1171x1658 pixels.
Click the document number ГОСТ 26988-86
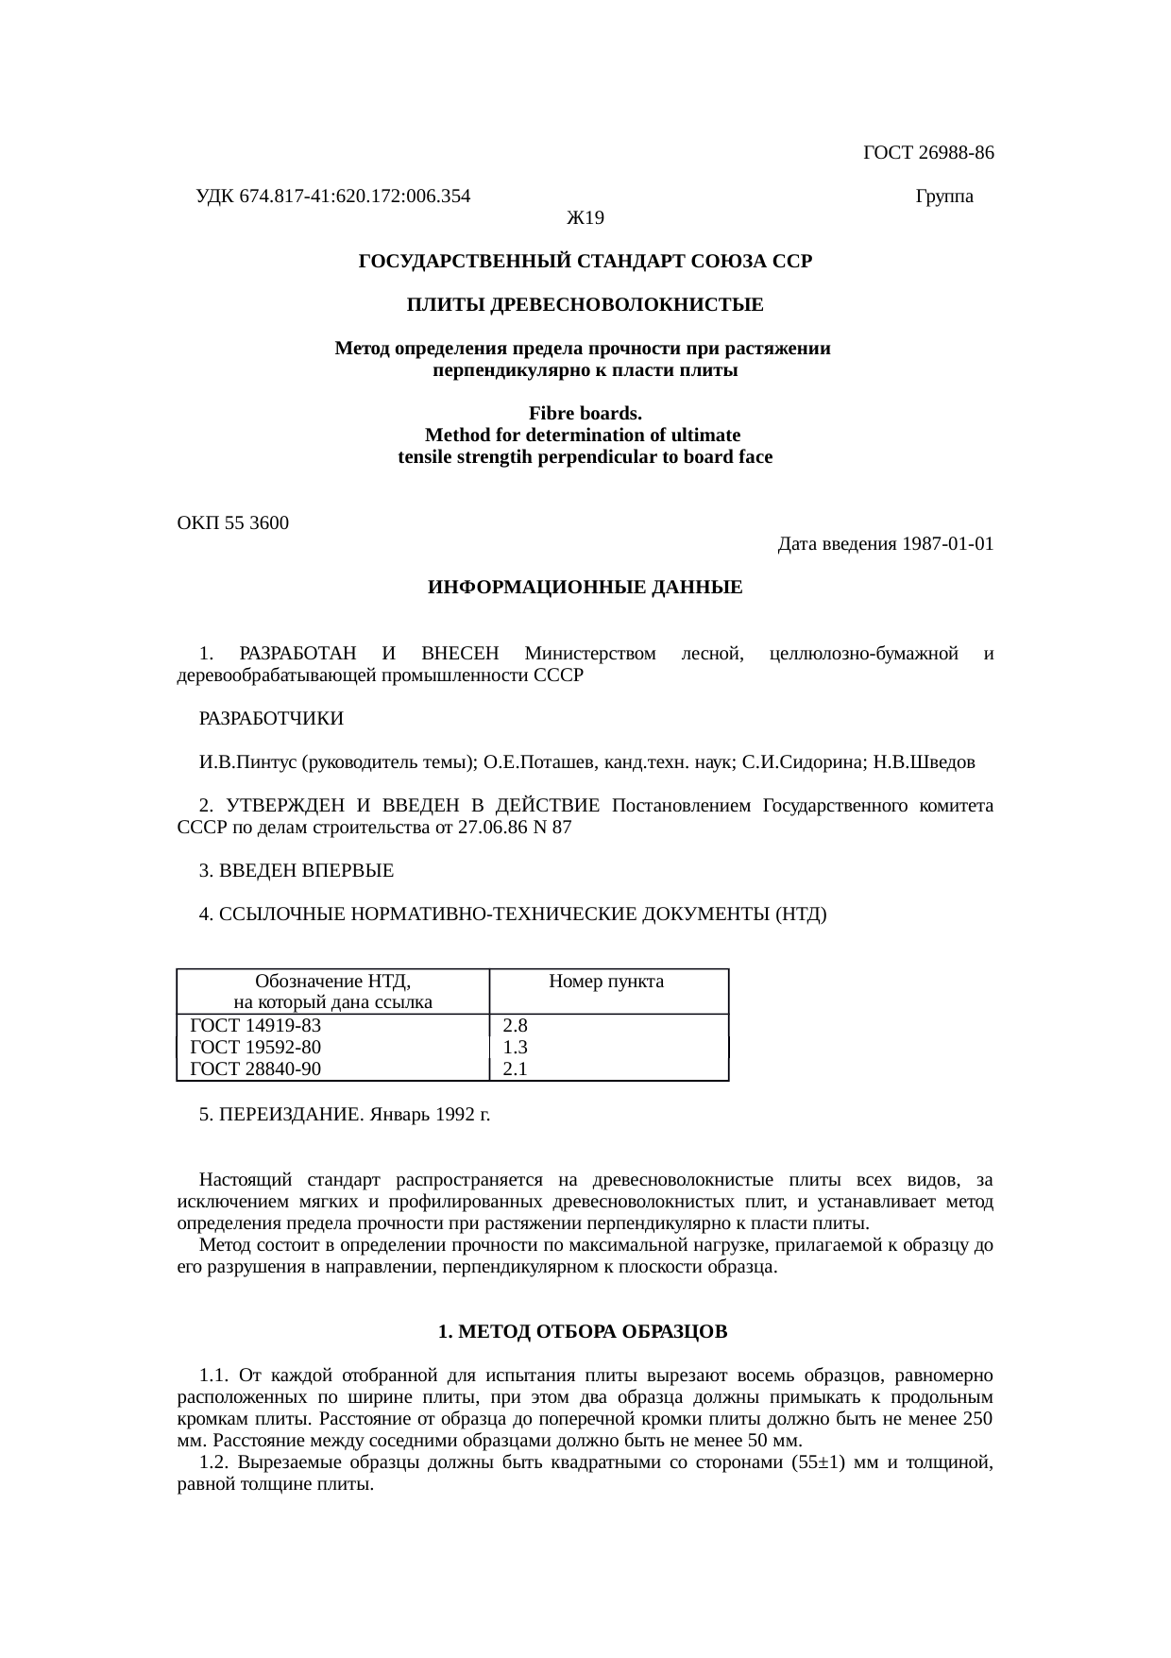pos(928,153)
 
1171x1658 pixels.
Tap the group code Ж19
pos(585,219)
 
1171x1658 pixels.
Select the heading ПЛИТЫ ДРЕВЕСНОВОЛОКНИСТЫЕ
pos(585,305)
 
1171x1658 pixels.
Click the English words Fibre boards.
pos(585,414)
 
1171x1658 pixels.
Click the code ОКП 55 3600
pos(233,523)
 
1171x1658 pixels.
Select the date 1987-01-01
pos(947,545)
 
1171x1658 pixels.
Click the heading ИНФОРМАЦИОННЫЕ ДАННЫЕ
pos(585,588)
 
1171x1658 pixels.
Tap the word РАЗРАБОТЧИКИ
pos(271,719)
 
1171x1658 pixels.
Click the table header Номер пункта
pos(606,982)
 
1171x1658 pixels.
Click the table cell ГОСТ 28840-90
pos(256,1069)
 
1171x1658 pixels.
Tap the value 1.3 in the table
pos(515,1048)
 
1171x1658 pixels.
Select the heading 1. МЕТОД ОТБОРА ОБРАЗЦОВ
pos(583,1332)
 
